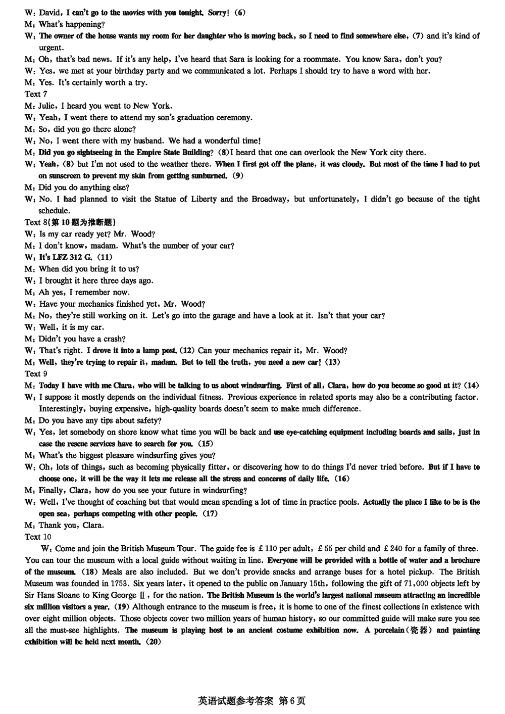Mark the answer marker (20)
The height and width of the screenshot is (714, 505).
click(x=151, y=642)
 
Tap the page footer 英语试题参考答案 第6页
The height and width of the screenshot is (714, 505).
click(x=252, y=701)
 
